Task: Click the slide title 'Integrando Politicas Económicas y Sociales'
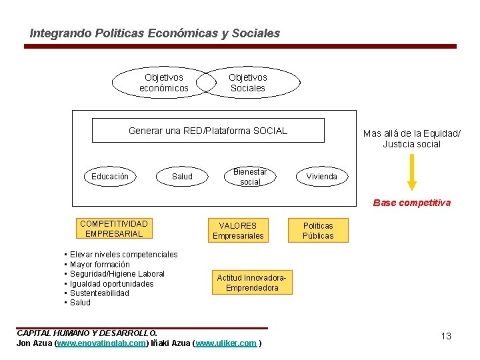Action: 155,33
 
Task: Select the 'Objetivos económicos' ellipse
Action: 163,83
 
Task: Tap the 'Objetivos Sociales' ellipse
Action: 248,83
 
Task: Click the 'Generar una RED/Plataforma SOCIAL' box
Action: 208,131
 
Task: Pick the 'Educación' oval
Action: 110,177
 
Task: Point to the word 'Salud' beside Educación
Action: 182,177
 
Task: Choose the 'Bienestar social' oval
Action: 250,177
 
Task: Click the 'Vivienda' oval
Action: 321,177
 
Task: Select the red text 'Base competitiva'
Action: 411,203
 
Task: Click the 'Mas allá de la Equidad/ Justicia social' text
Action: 411,139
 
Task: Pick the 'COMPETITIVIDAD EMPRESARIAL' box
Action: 114,229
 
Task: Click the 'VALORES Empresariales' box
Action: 238,231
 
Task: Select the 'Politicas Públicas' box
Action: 318,231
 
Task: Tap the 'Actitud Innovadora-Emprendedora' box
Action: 252,283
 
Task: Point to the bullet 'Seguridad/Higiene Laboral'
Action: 117,274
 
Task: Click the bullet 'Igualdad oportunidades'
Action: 112,284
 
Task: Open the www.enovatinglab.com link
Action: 101,343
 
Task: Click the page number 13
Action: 446,336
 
